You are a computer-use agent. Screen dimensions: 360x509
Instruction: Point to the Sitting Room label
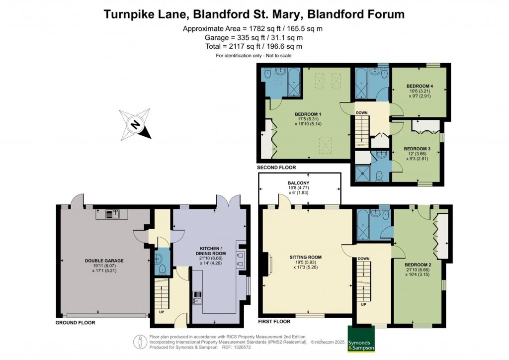click(x=305, y=257)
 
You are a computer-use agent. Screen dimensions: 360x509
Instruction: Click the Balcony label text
click(x=299, y=183)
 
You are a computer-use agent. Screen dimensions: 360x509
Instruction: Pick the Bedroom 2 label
click(x=418, y=264)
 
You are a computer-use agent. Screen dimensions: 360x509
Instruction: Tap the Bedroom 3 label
click(x=417, y=149)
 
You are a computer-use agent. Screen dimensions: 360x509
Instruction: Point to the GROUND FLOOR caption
click(x=75, y=323)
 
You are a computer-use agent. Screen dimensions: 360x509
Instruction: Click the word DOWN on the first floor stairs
click(x=363, y=258)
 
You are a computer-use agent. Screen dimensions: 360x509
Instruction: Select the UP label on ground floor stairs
click(x=161, y=313)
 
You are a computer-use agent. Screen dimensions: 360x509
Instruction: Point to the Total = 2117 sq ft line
click(x=254, y=46)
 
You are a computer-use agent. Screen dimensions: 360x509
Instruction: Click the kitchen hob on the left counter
click(x=197, y=297)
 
